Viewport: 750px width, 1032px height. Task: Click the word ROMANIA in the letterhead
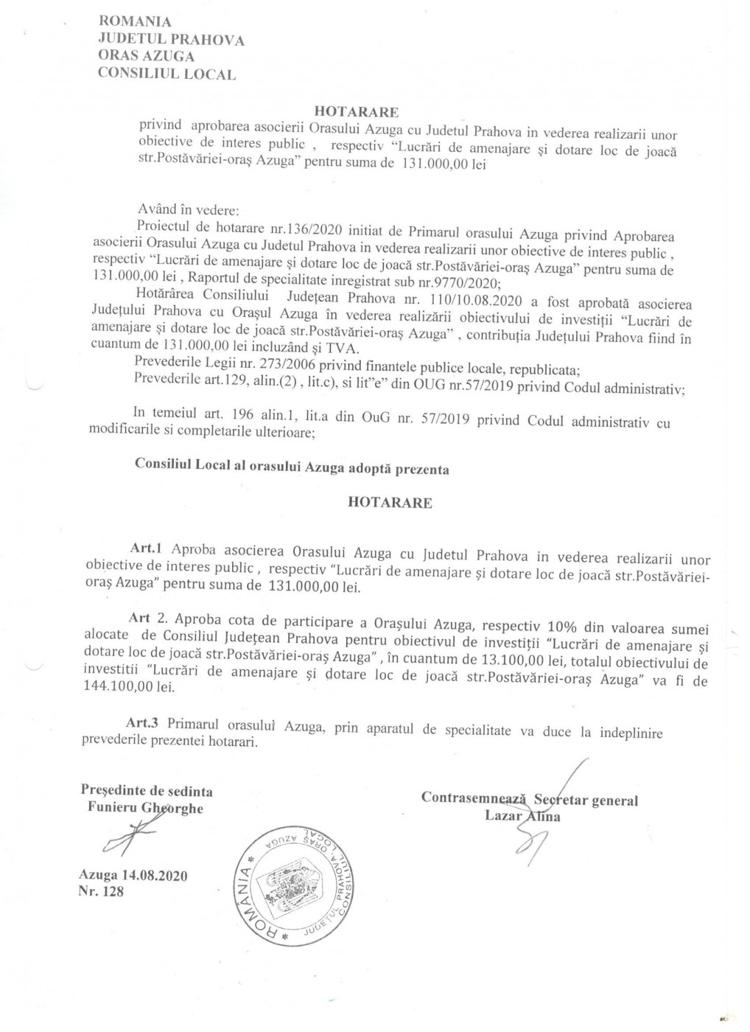[134, 24]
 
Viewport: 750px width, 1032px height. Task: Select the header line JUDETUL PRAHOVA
[171, 41]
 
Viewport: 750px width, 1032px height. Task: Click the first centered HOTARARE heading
[357, 112]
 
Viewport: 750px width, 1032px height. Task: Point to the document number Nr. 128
[100, 892]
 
